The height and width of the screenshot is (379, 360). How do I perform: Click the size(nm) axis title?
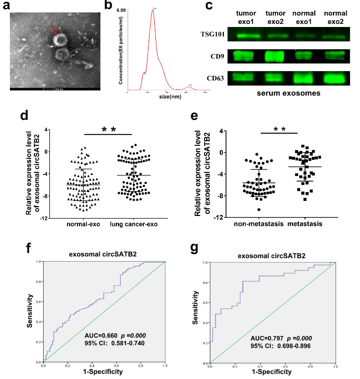pos(159,97)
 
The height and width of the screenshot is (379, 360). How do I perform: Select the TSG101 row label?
pos(212,35)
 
